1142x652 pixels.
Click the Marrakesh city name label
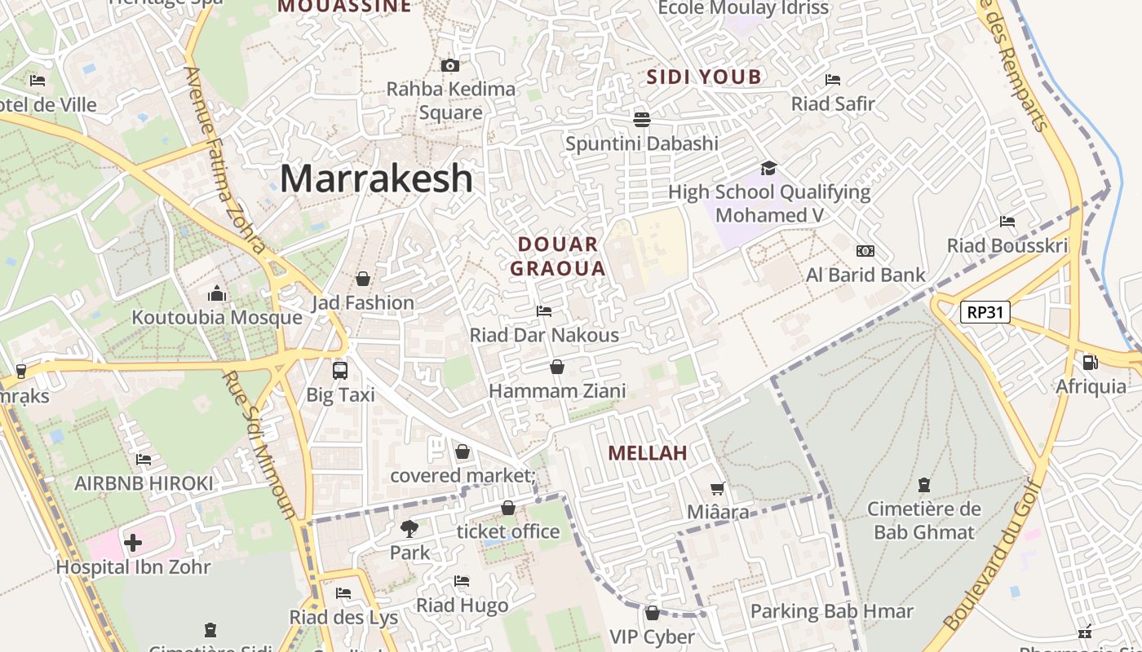376,178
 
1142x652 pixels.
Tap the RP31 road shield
985,312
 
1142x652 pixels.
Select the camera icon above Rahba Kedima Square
450,65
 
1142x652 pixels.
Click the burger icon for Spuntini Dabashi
642,119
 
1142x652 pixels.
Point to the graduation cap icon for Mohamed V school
768,169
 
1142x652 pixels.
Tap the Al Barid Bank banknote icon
865,251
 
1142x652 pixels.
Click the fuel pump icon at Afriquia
1090,362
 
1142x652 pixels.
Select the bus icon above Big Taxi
340,371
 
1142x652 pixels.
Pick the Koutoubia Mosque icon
217,293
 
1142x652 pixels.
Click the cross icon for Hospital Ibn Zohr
133,543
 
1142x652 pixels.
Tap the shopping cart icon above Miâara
718,488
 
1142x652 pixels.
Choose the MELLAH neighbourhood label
648,453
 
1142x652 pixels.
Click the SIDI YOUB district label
704,77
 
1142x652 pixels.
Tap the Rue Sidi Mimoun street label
260,446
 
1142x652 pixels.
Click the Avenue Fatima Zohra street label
224,159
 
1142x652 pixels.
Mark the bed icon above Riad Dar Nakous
544,311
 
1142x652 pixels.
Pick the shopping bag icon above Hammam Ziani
557,367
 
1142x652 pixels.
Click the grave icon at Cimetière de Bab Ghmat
923,485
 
